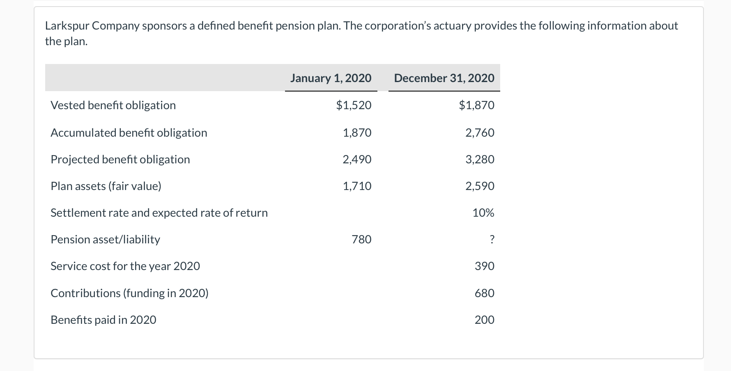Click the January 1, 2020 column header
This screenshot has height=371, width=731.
(x=331, y=78)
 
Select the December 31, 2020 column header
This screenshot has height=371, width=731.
(x=444, y=78)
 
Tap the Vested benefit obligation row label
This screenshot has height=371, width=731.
(x=113, y=105)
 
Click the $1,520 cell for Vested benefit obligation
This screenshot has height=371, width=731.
(x=354, y=105)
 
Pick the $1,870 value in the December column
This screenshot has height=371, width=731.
(x=476, y=105)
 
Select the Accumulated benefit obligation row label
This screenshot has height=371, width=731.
(x=129, y=133)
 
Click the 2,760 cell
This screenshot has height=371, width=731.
(x=480, y=133)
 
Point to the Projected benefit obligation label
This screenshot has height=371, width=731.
(x=120, y=159)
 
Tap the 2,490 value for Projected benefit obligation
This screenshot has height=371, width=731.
(x=357, y=159)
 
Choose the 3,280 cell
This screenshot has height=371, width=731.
(x=480, y=159)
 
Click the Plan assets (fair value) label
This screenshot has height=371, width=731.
(x=106, y=186)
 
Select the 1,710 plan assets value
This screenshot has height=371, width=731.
(x=357, y=186)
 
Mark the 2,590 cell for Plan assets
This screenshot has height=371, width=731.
(x=480, y=186)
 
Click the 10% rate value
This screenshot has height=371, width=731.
(x=483, y=213)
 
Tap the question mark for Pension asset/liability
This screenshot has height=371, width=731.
(x=492, y=239)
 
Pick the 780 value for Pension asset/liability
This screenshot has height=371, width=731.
(x=361, y=239)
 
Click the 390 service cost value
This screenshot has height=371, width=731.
(x=484, y=266)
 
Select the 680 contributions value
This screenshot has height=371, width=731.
(x=484, y=293)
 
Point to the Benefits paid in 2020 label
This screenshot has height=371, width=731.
(x=103, y=320)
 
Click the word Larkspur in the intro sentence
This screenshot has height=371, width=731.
(x=67, y=26)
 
